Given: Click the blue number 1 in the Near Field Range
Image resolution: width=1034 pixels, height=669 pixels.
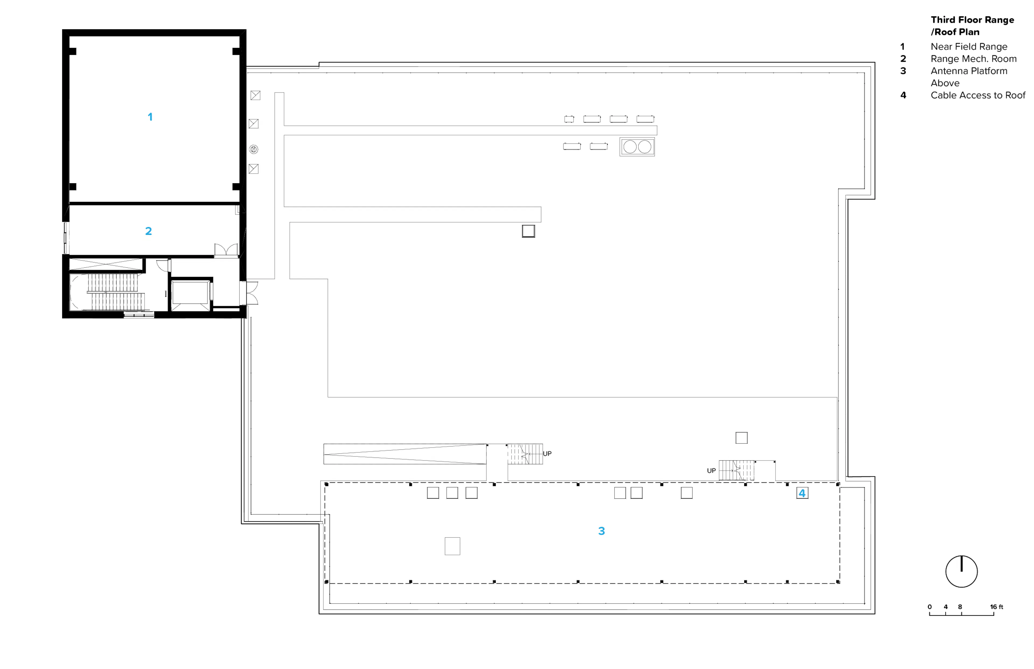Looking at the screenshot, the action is (150, 117).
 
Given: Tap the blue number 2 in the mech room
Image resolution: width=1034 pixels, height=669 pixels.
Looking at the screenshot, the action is (149, 231).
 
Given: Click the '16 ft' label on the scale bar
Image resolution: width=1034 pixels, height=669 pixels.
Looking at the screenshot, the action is (997, 607).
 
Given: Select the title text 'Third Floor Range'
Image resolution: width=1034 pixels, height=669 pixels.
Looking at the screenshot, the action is (972, 20).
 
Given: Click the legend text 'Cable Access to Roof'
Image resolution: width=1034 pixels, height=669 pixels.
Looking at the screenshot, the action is (978, 95).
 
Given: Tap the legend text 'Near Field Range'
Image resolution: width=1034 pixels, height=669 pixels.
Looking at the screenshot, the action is (969, 47).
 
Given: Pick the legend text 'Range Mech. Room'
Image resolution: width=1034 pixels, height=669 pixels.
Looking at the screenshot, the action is (974, 59).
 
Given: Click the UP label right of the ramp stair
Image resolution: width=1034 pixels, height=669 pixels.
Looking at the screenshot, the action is (547, 454).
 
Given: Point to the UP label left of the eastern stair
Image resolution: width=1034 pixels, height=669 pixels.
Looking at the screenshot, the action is (711, 471).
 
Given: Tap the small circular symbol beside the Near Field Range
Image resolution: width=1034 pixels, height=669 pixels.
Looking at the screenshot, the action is (254, 149).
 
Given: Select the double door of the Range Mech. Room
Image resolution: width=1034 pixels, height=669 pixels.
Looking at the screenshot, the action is (226, 250).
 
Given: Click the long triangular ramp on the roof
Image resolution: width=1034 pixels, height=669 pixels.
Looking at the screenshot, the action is (405, 454).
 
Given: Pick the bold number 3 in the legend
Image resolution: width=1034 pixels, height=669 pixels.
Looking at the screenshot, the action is (903, 71).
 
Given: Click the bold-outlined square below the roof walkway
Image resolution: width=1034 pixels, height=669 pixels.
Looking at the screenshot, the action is (528, 231).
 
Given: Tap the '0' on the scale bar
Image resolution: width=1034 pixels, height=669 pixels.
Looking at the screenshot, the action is (930, 607).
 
